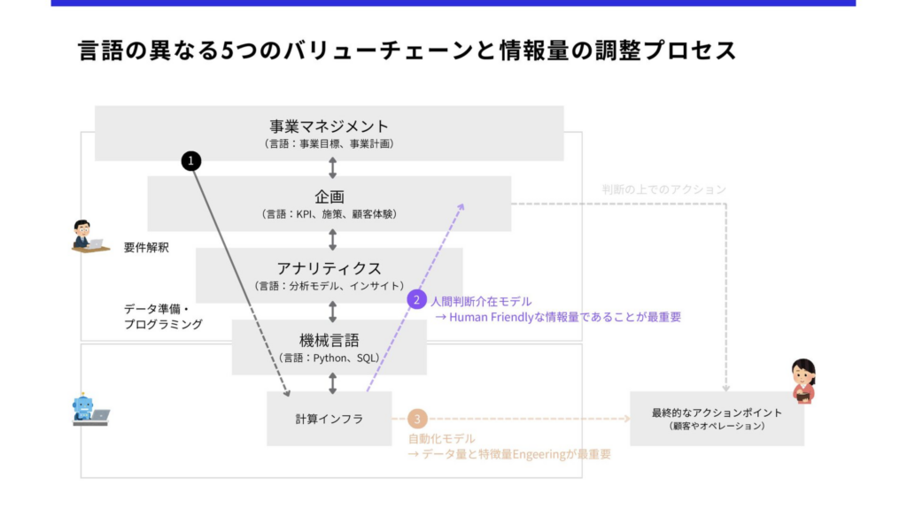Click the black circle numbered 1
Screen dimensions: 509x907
191,160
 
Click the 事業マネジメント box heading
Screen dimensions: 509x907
329,126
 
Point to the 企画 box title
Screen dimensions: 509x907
329,197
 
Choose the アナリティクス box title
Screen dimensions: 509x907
329,268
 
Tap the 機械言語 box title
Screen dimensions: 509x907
329,340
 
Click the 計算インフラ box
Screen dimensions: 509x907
329,419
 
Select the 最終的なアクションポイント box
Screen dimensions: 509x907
717,418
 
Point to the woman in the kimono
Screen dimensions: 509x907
802,381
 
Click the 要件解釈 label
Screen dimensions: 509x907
146,248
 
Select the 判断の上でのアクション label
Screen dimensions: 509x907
663,189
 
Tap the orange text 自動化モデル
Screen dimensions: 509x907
441,438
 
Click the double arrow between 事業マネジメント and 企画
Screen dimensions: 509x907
333,168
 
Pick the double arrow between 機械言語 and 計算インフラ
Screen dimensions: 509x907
333,382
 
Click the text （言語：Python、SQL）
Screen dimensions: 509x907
329,358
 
